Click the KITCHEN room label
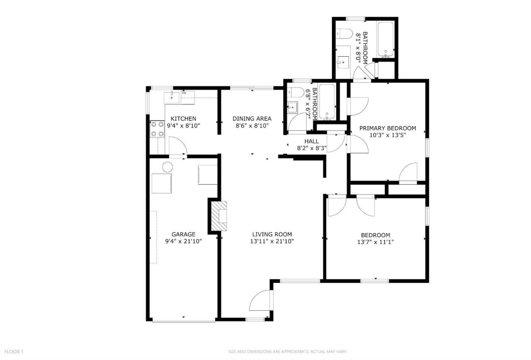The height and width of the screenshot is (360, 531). coord(183,119)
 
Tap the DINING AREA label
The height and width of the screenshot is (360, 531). coord(252,119)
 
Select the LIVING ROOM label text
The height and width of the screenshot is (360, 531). coord(272,234)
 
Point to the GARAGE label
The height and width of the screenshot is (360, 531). coord(183,234)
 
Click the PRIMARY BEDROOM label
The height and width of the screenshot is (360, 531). coord(388,128)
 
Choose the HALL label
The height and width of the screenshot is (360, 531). coord(312,141)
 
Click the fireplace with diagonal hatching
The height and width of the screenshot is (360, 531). coord(219,216)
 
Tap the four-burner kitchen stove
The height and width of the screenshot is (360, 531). coord(157,129)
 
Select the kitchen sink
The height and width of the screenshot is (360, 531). coord(171,97)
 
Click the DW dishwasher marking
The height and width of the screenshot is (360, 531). coord(184,93)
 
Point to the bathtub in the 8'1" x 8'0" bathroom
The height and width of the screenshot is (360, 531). coord(385,39)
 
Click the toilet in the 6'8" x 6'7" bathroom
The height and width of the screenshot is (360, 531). coord(296,92)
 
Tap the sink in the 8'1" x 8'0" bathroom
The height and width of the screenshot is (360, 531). coord(343,62)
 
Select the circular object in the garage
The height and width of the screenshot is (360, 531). coord(168,167)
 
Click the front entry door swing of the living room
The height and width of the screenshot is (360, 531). coord(260,300)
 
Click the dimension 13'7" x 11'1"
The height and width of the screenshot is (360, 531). coord(376,242)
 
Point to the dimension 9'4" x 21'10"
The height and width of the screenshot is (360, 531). coord(183,241)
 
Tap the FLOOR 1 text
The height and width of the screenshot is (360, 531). coord(14,352)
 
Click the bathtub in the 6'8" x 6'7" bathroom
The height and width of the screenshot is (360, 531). coord(327,102)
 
